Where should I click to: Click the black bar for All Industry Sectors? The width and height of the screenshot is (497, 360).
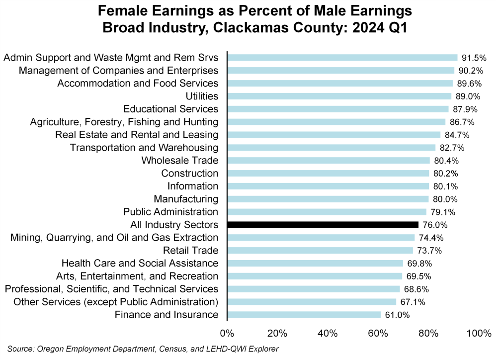click(323, 225)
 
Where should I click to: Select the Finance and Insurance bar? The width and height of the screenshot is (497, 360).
click(304, 315)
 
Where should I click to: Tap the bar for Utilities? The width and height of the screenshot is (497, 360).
click(339, 96)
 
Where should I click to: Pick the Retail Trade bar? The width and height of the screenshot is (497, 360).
click(320, 250)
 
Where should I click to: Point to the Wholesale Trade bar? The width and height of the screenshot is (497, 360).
click(328, 160)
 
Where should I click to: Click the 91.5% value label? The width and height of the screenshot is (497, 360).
click(473, 57)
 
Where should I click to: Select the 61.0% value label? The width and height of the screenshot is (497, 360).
click(396, 315)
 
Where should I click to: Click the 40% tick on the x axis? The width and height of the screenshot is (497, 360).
click(328, 333)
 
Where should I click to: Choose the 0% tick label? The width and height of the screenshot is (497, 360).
click(227, 333)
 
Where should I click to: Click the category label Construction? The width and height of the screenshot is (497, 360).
click(189, 173)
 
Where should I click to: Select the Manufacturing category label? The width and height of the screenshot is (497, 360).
click(185, 199)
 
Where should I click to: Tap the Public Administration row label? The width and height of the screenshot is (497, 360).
click(170, 212)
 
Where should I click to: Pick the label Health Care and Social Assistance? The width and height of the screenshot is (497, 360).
click(140, 263)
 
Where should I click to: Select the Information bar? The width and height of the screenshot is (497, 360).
click(328, 186)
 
